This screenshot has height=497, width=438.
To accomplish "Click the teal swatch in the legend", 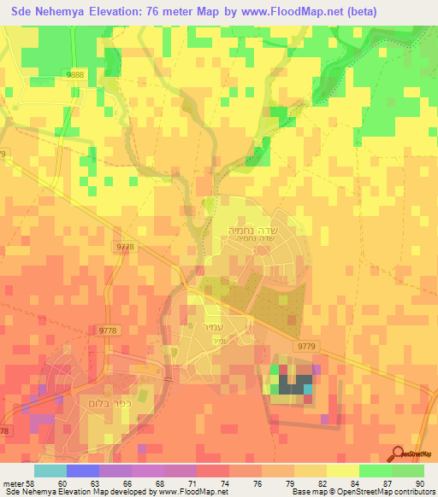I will click(x=50, y=471).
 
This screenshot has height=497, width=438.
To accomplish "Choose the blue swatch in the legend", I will click(x=82, y=471).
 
